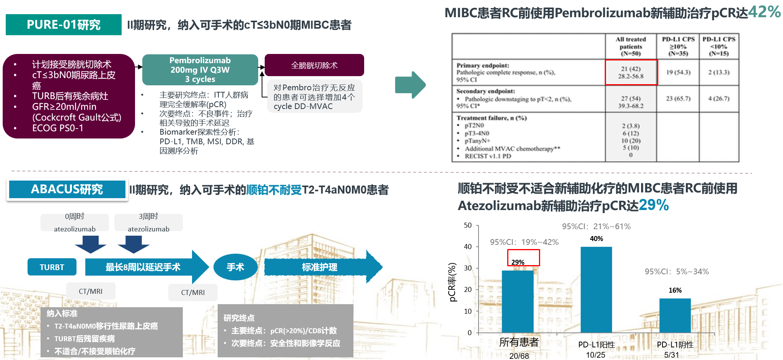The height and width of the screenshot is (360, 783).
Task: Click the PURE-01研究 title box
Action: point(63,25)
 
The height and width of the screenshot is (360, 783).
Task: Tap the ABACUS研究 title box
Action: point(67,189)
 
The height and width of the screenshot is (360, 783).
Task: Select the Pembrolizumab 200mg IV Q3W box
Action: point(200,70)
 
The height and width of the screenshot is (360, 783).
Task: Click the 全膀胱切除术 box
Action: point(314,65)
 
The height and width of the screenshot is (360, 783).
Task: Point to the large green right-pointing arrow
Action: point(410,85)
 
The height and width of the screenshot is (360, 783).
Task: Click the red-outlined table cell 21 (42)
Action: point(631,72)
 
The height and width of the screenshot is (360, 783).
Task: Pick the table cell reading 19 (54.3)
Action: point(678,72)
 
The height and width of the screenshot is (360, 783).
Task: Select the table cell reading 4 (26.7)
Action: point(719,98)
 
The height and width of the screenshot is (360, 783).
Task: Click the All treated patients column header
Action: point(631,46)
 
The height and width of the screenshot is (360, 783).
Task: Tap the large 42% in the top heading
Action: point(764,12)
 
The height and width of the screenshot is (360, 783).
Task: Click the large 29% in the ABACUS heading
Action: point(654,205)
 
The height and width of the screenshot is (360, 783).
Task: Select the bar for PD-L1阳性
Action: point(596,290)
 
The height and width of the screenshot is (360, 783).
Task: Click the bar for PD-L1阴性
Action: point(675,316)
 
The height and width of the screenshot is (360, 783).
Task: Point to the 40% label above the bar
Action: point(596,239)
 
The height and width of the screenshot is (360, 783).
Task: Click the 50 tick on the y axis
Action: point(468,225)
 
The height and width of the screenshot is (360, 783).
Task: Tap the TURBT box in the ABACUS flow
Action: point(52,267)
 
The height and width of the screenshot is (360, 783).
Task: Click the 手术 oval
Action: point(235,267)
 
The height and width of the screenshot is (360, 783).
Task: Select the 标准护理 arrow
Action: point(323,267)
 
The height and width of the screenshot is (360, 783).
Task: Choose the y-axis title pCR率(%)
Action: point(453,282)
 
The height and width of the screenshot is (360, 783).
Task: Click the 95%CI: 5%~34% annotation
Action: point(677,272)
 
